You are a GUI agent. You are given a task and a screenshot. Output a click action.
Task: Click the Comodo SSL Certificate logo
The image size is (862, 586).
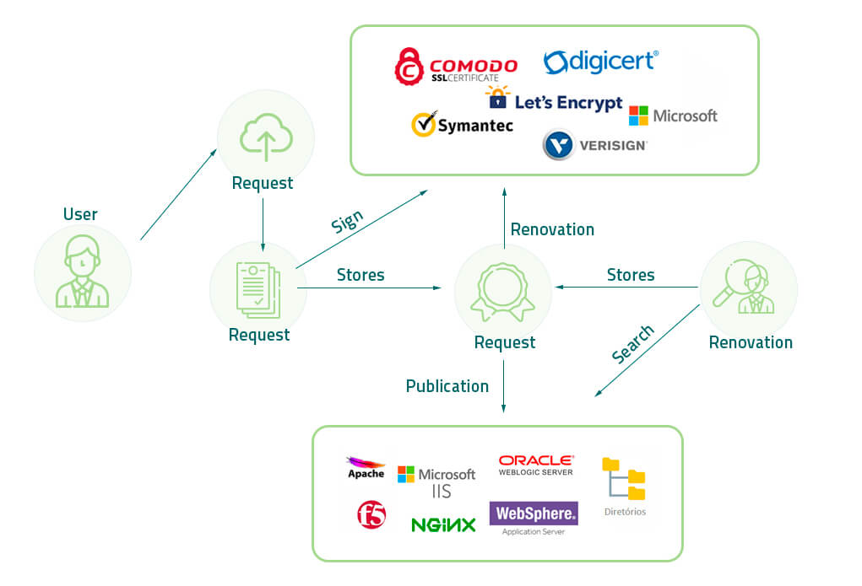coord(456,67)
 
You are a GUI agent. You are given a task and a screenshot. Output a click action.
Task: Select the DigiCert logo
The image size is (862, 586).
coord(600,62)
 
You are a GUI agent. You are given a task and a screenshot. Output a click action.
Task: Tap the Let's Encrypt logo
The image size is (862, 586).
coord(555,100)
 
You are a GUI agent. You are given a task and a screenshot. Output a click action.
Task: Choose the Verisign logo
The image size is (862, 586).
coord(594,144)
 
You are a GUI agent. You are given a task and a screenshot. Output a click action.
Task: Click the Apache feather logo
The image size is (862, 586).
coord(366,467)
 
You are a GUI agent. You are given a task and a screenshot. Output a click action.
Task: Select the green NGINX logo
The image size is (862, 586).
coord(443,524)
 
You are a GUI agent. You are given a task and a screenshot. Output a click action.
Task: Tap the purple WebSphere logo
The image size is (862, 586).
coord(534,513)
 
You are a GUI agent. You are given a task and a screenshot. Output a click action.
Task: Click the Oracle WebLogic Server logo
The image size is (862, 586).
coord(536,465)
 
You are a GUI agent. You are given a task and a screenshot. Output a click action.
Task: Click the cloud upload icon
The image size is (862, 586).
coord(265,138)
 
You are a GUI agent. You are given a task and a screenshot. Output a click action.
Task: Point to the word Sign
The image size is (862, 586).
coord(347,223)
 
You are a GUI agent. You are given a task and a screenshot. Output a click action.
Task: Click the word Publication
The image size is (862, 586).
coord(447,386)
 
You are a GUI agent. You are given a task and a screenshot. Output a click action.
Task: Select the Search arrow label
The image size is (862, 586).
coord(632,345)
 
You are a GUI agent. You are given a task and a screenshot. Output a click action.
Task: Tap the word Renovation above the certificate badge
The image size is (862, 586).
coord(552,229)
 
